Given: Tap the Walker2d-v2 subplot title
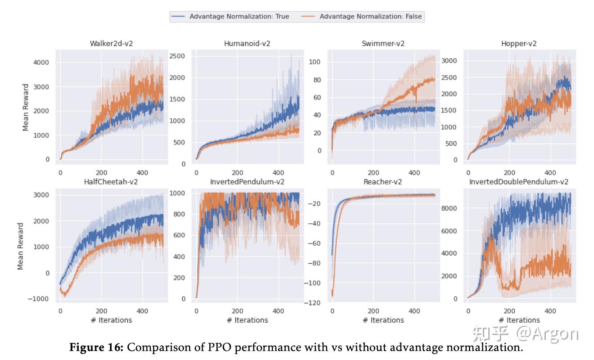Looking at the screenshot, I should point(111,44).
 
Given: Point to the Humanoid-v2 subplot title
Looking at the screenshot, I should point(247,44).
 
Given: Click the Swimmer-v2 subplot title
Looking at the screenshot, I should point(383,44).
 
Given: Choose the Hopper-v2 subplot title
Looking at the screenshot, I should point(519,44).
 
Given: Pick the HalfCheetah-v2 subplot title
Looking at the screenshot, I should point(111,182).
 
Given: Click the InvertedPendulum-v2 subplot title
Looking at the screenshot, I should point(247,182).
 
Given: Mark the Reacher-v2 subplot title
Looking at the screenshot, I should point(382,182).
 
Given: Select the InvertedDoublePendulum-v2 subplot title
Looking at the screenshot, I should point(519,182).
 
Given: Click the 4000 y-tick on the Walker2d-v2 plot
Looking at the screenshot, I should point(41,62).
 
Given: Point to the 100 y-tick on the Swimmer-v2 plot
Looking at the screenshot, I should point(314,62).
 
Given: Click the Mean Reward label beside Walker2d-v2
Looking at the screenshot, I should point(26,107).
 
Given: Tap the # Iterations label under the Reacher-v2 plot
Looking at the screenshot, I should point(383,320).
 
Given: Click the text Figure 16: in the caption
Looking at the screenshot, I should point(97,347).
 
